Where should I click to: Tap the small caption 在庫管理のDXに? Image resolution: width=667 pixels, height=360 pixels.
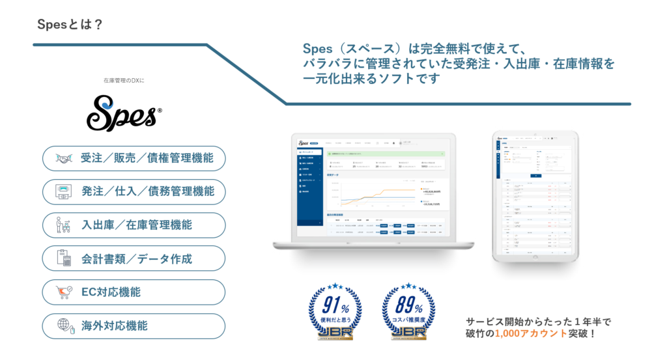tap(124, 81)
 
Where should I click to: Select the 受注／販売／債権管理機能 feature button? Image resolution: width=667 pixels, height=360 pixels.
tap(134, 158)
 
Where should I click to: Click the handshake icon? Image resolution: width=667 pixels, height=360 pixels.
tap(64, 158)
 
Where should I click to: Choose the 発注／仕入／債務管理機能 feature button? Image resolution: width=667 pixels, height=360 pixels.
tap(134, 191)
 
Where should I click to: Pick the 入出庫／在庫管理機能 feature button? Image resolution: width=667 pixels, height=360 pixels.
tap(134, 225)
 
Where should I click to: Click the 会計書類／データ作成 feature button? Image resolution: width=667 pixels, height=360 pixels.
tap(134, 258)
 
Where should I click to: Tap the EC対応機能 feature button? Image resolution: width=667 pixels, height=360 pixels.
tap(134, 292)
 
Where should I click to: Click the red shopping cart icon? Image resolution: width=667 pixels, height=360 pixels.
tap(64, 292)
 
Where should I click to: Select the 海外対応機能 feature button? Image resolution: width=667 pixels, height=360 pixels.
tap(134, 325)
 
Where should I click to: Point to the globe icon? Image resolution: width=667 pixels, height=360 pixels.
tap(64, 325)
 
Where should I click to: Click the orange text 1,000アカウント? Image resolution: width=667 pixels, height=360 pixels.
tap(528, 335)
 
